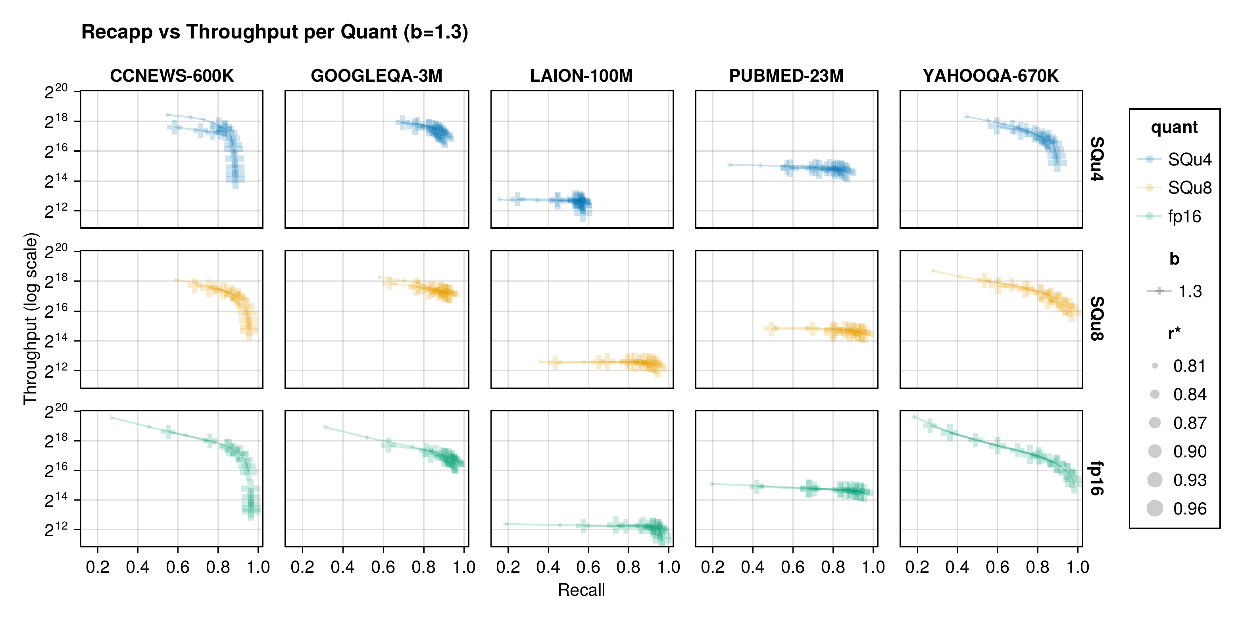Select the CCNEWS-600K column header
coord(172,76)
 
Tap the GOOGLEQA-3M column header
coord(377,76)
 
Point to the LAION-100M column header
coord(581,76)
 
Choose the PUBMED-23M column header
coord(786,76)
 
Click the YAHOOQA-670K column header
coord(991,76)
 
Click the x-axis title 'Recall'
coord(581,590)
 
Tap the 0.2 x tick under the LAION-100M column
coord(508,567)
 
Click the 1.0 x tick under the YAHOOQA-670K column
coord(1078,567)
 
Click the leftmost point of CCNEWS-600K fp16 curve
coord(112,418)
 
